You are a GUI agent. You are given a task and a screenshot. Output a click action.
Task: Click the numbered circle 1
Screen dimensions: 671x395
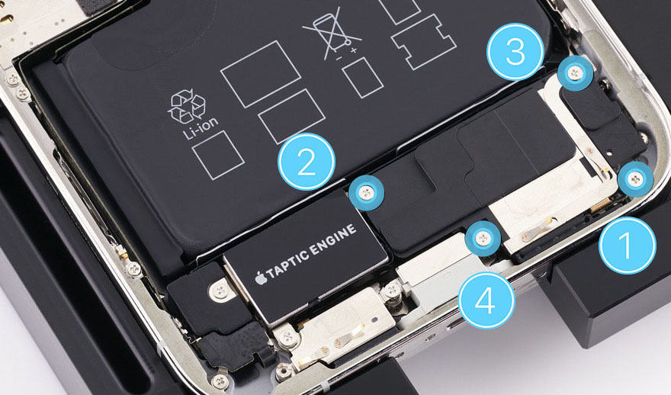[x=627, y=246]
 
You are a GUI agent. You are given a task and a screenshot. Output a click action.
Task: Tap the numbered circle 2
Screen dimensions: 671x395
[x=307, y=162]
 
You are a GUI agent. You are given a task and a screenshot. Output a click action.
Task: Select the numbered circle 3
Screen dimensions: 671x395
[x=515, y=52]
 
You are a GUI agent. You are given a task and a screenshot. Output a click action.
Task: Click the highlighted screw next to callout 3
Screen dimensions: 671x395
[x=575, y=74]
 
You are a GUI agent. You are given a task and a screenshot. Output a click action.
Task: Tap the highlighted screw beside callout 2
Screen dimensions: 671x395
[x=366, y=193]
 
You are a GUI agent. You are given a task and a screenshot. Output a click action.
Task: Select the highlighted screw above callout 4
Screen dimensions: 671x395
[x=483, y=237]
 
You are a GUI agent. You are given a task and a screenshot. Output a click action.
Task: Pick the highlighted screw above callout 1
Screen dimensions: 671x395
[x=636, y=179]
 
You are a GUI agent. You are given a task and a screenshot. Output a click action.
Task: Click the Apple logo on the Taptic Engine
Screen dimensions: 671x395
[x=260, y=278]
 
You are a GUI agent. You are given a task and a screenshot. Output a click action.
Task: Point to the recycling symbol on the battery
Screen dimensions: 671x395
[x=187, y=107]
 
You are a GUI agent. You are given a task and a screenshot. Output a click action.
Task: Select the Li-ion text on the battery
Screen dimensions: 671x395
[x=201, y=129]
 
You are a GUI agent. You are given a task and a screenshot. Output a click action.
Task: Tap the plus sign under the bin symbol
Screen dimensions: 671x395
[x=354, y=50]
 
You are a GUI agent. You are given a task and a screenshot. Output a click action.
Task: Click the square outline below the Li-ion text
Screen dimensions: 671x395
[x=218, y=155]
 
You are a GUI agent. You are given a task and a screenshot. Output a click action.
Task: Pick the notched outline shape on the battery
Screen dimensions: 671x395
[x=424, y=42]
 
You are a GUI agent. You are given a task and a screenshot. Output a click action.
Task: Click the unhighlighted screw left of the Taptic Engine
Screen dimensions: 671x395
[x=220, y=291]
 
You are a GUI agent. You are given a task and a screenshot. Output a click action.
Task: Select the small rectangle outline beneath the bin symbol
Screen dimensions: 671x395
[x=362, y=78]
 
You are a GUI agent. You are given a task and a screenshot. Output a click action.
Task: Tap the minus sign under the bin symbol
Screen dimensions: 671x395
[x=338, y=57]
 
